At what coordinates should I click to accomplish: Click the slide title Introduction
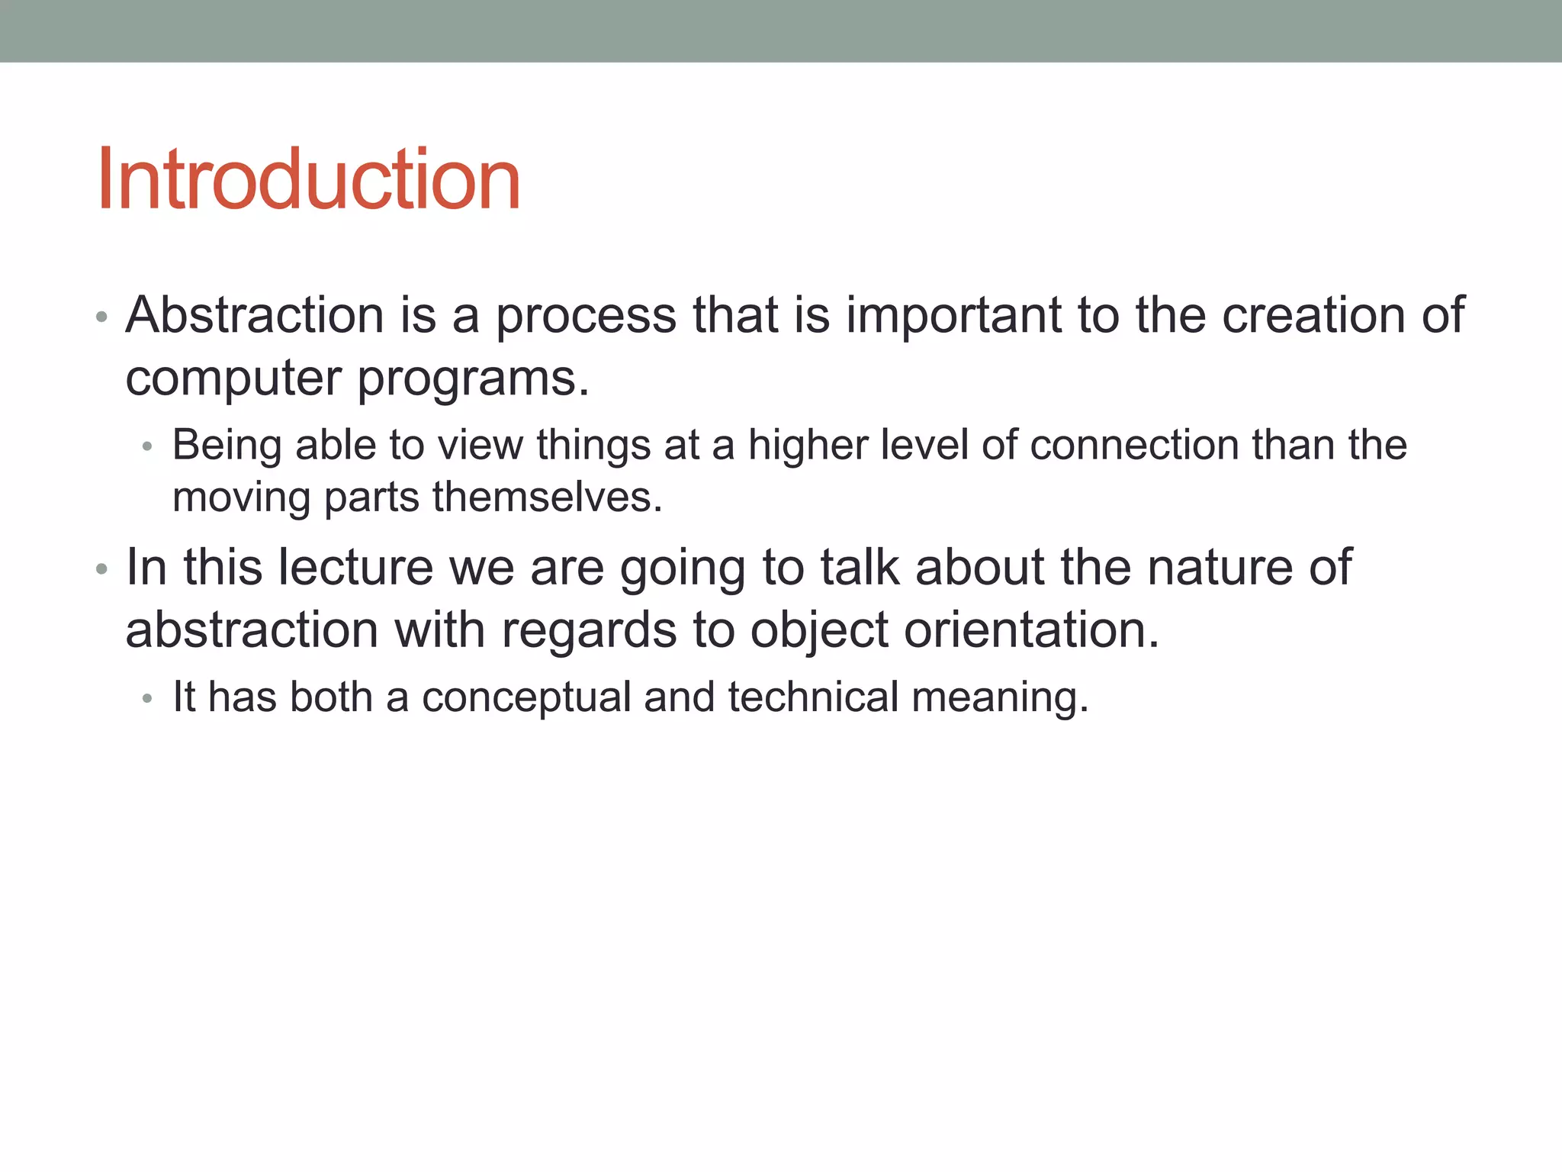click(x=308, y=179)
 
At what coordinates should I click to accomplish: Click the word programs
click(x=473, y=379)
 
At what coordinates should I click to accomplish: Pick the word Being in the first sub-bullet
click(x=227, y=445)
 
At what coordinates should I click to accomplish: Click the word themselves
click(x=547, y=497)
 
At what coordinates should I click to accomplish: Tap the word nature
click(x=1217, y=568)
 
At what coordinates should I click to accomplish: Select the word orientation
click(x=1031, y=631)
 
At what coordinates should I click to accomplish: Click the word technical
click(x=813, y=697)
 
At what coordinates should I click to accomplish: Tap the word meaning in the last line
click(x=999, y=698)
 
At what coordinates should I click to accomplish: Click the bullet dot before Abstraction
click(x=102, y=317)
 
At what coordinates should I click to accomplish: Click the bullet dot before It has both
click(x=148, y=699)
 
